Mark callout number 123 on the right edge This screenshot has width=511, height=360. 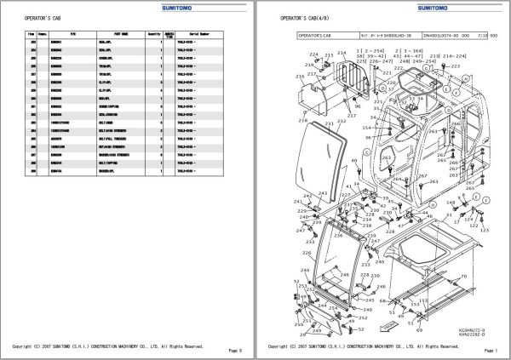(x=487, y=229)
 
